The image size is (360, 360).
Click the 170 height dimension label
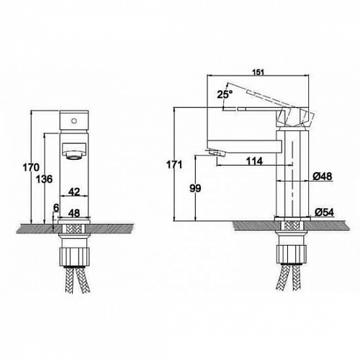[x=31, y=168]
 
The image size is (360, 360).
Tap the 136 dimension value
[x=44, y=179]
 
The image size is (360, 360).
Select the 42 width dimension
[x=74, y=192]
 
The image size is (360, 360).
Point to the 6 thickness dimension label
[x=55, y=207]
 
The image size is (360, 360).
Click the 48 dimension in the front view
[x=74, y=213]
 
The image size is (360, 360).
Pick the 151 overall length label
[x=258, y=72]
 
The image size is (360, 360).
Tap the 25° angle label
[x=225, y=94]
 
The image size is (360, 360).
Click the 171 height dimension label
[x=174, y=165]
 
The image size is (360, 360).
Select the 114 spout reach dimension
[x=255, y=161]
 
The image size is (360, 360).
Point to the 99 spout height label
[x=195, y=189]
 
